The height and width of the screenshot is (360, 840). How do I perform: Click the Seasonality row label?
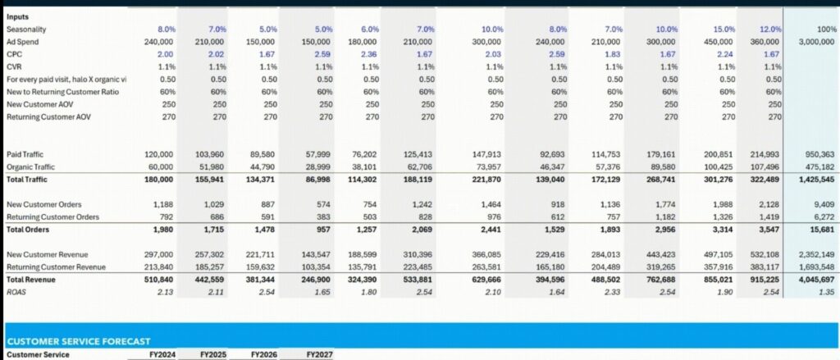pyautogui.click(x=25, y=28)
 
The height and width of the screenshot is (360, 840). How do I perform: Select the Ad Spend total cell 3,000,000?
pyautogui.click(x=816, y=41)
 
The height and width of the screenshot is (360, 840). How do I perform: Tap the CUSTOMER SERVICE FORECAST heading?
pyautogui.click(x=80, y=340)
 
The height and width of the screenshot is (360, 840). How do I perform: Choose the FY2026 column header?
pyautogui.click(x=267, y=354)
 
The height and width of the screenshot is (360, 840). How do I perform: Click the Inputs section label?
pyautogui.click(x=18, y=16)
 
